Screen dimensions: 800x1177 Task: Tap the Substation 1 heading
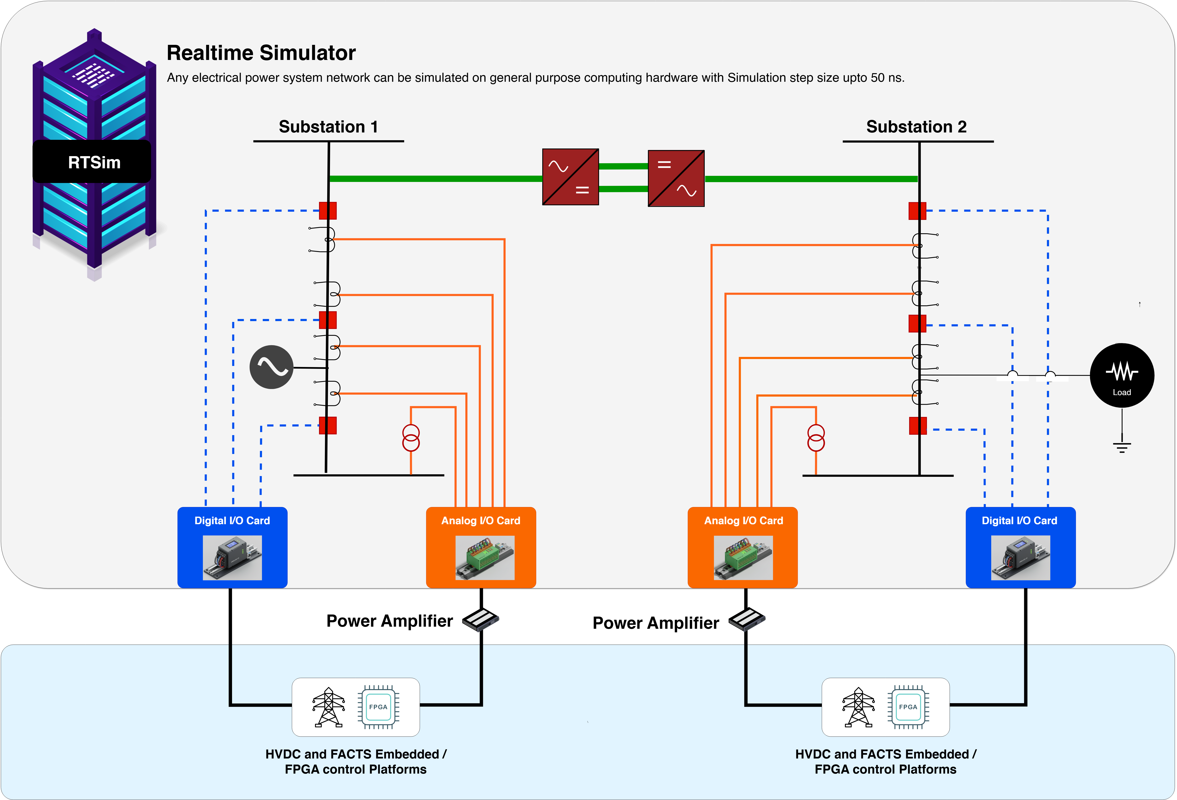click(328, 127)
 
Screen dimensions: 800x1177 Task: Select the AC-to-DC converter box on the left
click(570, 177)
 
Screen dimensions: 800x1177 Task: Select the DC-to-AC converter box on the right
click(676, 178)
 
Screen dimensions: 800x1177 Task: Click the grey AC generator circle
click(271, 367)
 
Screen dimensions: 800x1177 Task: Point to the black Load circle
click(1122, 375)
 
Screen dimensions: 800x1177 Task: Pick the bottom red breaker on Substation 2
click(918, 426)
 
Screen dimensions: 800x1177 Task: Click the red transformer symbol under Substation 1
click(411, 438)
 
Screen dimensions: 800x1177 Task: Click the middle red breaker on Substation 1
click(328, 320)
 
